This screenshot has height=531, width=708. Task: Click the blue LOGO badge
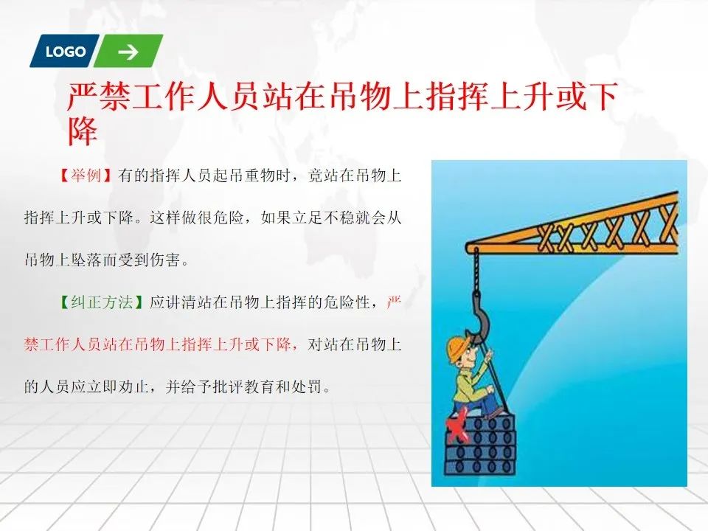(x=65, y=51)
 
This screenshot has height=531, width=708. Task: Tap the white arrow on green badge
(x=128, y=52)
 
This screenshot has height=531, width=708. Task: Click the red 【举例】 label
(x=86, y=176)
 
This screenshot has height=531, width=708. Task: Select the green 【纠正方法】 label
(x=102, y=302)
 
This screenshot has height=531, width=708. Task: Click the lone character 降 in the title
(x=83, y=131)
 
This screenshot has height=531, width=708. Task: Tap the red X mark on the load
(x=457, y=427)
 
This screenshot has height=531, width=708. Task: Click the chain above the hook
(x=476, y=270)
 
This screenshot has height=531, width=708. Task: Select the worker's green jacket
(x=470, y=385)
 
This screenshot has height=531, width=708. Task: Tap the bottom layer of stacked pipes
(x=480, y=466)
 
